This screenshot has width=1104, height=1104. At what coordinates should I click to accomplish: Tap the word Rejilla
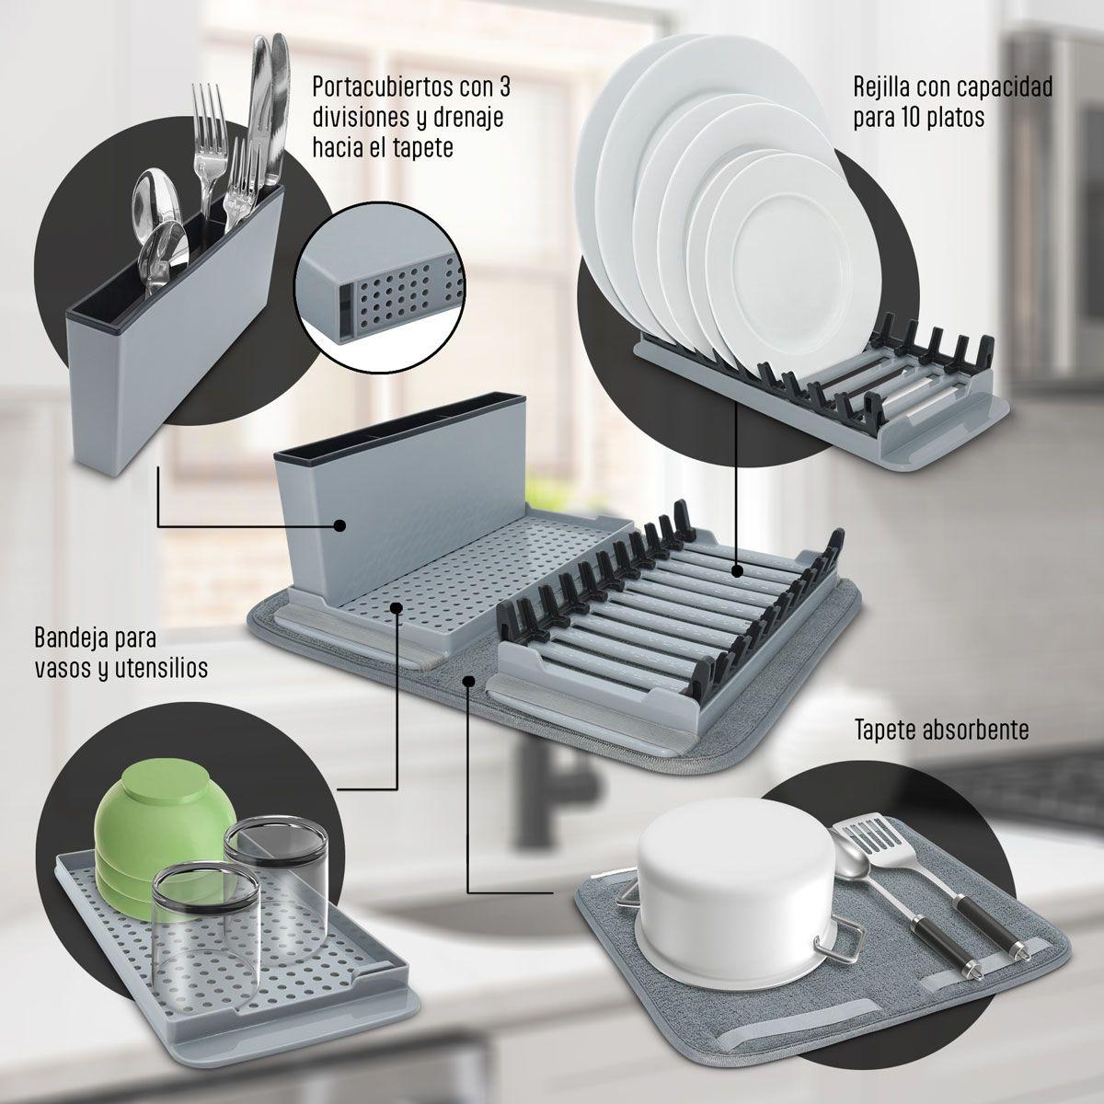(886, 87)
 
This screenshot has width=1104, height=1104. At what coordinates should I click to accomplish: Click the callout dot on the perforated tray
(397, 606)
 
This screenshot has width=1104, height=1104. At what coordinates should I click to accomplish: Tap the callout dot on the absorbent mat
(470, 681)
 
